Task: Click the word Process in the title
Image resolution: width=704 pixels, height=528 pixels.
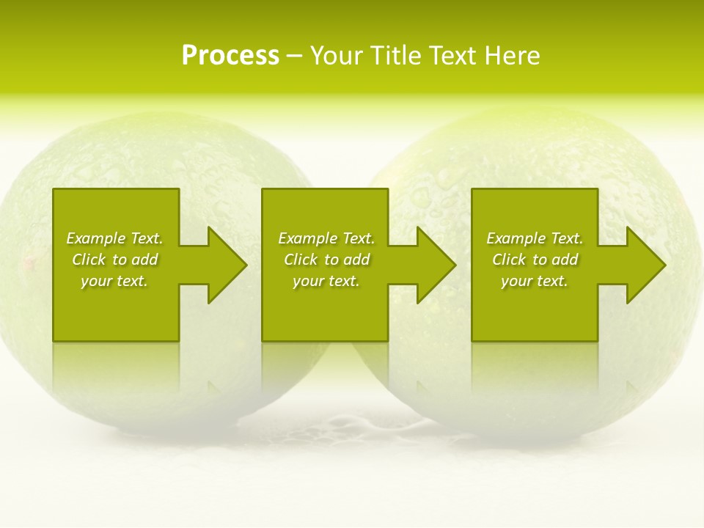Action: [x=230, y=56]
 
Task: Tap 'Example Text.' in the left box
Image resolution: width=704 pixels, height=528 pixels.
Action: [x=114, y=238]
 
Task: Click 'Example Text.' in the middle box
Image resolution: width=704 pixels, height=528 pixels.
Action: [x=326, y=238]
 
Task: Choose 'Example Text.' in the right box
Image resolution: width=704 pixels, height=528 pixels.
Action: [x=535, y=238]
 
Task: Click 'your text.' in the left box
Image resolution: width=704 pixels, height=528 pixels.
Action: [x=114, y=281]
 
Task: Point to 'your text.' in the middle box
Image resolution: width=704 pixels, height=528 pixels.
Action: [x=326, y=281]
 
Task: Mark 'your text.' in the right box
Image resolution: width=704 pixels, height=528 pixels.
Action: [x=535, y=281]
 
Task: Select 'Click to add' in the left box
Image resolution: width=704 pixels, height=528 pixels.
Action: [x=114, y=260]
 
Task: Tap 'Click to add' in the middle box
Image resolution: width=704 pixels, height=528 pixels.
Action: [x=326, y=260]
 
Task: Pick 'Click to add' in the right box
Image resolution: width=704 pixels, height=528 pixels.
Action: [x=535, y=260]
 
